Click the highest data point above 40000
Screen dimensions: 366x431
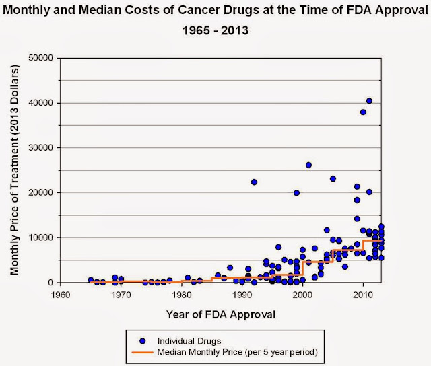pyautogui.click(x=369, y=101)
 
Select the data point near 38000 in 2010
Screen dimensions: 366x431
pyautogui.click(x=363, y=112)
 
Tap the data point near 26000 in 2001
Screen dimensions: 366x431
pyautogui.click(x=308, y=165)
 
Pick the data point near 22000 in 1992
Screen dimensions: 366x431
pyautogui.click(x=254, y=182)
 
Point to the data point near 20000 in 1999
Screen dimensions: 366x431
pyautogui.click(x=296, y=193)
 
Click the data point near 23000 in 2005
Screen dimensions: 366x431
pyautogui.click(x=333, y=179)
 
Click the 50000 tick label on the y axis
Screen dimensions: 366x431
pyautogui.click(x=43, y=58)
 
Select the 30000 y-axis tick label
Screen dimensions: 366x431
pyautogui.click(x=43, y=148)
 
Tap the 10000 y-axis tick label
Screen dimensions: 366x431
pyautogui.click(x=43, y=237)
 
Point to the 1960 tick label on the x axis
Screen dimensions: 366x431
pyautogui.click(x=61, y=295)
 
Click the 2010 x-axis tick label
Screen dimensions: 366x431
pyautogui.click(x=363, y=295)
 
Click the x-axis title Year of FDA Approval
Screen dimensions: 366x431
pyautogui.click(x=212, y=314)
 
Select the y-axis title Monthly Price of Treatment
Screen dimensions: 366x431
pyautogui.click(x=15, y=170)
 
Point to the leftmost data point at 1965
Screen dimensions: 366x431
pyautogui.click(x=91, y=280)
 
